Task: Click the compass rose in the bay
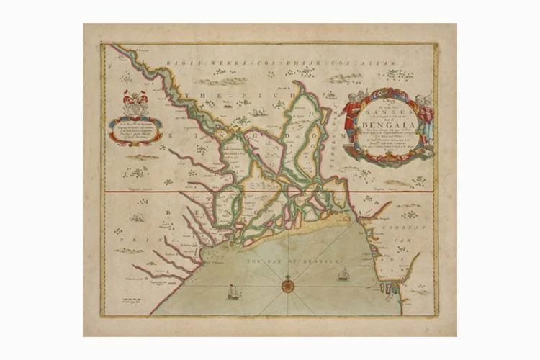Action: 287,287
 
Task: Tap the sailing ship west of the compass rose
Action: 233,292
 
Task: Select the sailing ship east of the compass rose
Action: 344,274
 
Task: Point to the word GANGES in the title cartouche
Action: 388,109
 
